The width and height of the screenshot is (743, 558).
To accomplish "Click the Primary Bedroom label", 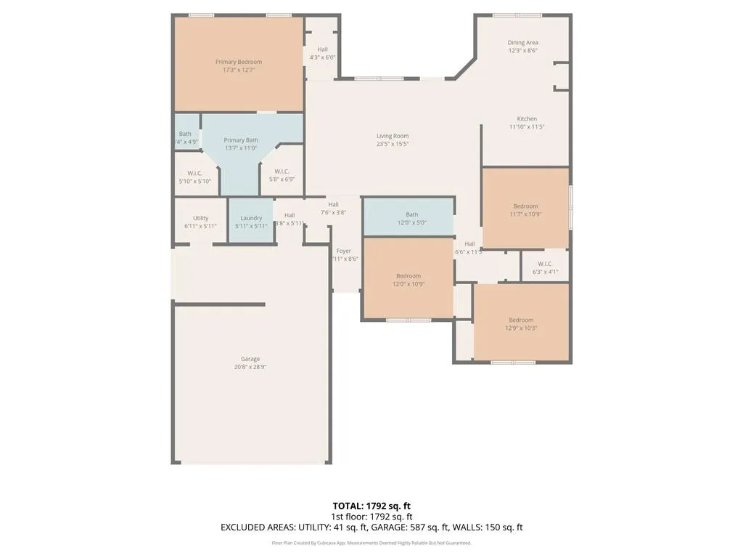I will coord(238,62).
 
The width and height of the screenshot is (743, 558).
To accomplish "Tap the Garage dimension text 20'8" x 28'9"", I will coord(250,367).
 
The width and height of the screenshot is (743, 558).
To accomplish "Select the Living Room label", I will coord(393,136).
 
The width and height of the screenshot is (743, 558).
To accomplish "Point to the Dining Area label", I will coord(522,43).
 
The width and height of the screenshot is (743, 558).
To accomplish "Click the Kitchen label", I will coord(527,119).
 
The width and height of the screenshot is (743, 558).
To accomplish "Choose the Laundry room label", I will coord(251,218).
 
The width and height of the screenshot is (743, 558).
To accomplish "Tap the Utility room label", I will coord(201,218).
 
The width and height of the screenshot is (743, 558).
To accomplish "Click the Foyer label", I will coord(344,251).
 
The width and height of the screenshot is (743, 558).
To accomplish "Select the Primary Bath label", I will coord(241,140).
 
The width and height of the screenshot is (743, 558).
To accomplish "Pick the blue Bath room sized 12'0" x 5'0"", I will coord(411,218).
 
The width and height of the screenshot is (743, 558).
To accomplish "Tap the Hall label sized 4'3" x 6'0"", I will coord(322,49).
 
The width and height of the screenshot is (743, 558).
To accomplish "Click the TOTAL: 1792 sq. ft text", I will coord(371,506).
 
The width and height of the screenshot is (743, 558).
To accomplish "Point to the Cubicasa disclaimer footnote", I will coord(371,543).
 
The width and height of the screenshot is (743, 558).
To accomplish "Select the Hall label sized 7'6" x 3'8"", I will coord(333,205).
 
